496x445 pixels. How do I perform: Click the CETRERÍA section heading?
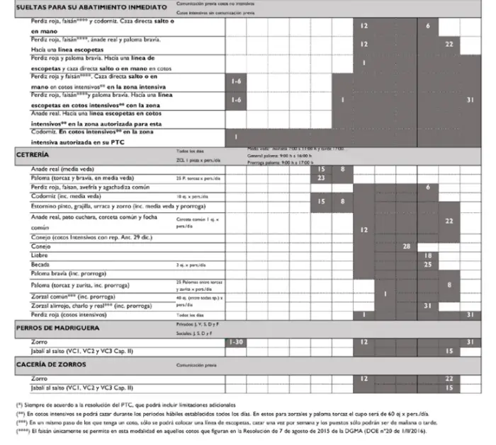[33, 154]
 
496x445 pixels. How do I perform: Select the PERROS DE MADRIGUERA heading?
[58, 328]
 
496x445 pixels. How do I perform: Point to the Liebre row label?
[40, 255]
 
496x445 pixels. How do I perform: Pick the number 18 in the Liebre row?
[427, 255]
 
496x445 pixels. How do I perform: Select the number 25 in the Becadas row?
[427, 264]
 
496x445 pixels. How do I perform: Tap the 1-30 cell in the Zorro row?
[236, 342]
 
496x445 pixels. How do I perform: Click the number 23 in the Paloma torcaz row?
[321, 178]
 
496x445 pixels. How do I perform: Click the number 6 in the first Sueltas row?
[428, 25]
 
